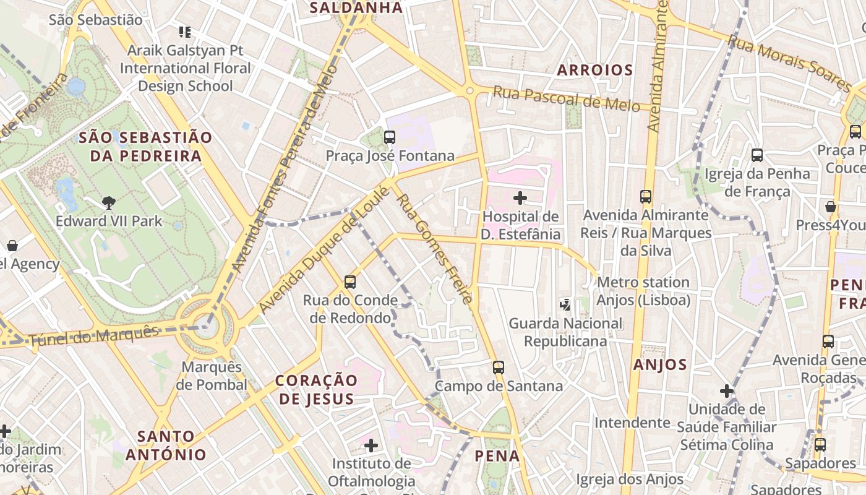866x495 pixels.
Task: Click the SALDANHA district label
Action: point(356,8)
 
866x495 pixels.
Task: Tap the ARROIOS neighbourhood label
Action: point(595,70)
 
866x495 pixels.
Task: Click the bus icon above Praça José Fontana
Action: point(390,137)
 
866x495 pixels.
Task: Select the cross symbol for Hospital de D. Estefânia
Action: point(520,198)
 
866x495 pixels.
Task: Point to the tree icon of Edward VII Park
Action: point(109,202)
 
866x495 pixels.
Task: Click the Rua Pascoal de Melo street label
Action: point(566,99)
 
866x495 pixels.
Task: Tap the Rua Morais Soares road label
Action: point(789,62)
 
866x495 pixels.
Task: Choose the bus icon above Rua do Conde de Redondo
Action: point(350,282)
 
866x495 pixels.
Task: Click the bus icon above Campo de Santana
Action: point(499,368)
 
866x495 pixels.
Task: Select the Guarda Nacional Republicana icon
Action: point(565,304)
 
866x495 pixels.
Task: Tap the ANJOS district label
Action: point(660,365)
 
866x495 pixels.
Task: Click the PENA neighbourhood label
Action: point(497,456)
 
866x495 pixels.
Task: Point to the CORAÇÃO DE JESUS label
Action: point(317,389)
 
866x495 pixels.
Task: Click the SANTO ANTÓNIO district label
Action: point(166,445)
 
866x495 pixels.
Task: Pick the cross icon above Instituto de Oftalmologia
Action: point(371,445)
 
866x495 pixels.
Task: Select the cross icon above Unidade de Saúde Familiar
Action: point(727,391)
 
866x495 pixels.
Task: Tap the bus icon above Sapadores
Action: point(820,445)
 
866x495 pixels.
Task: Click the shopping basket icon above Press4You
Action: point(831,207)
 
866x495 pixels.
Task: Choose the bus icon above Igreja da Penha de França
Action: point(757,155)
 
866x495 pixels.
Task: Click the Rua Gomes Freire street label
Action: point(435,249)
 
